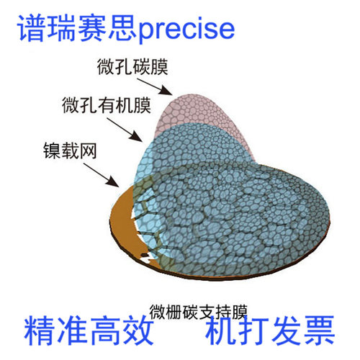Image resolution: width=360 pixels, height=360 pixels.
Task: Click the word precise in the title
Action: (x=186, y=30)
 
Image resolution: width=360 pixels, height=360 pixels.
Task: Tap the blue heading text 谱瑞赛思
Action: (x=78, y=27)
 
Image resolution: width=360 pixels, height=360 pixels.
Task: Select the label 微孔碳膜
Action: (x=132, y=66)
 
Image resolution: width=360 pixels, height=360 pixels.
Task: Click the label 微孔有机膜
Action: (x=107, y=105)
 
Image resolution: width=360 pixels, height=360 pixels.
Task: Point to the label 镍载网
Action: (x=70, y=151)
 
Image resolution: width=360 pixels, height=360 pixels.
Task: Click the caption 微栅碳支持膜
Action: (x=198, y=312)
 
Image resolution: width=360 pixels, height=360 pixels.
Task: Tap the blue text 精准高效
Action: (x=89, y=330)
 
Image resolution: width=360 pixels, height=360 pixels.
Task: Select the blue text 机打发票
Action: (x=270, y=330)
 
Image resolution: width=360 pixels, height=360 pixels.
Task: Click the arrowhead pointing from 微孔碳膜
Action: (x=166, y=91)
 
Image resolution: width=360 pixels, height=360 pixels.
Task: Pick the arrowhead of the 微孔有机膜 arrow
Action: (x=136, y=136)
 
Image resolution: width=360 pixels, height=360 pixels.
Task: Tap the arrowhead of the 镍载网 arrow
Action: (x=113, y=181)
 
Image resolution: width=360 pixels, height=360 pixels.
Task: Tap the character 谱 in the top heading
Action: (x=32, y=28)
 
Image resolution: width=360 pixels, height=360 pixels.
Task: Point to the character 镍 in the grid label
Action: (x=52, y=151)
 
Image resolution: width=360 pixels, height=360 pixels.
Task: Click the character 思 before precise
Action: (x=123, y=28)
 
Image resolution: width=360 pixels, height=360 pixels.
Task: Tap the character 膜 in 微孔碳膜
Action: (x=159, y=66)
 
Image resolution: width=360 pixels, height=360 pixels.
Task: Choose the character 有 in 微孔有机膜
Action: (x=107, y=105)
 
